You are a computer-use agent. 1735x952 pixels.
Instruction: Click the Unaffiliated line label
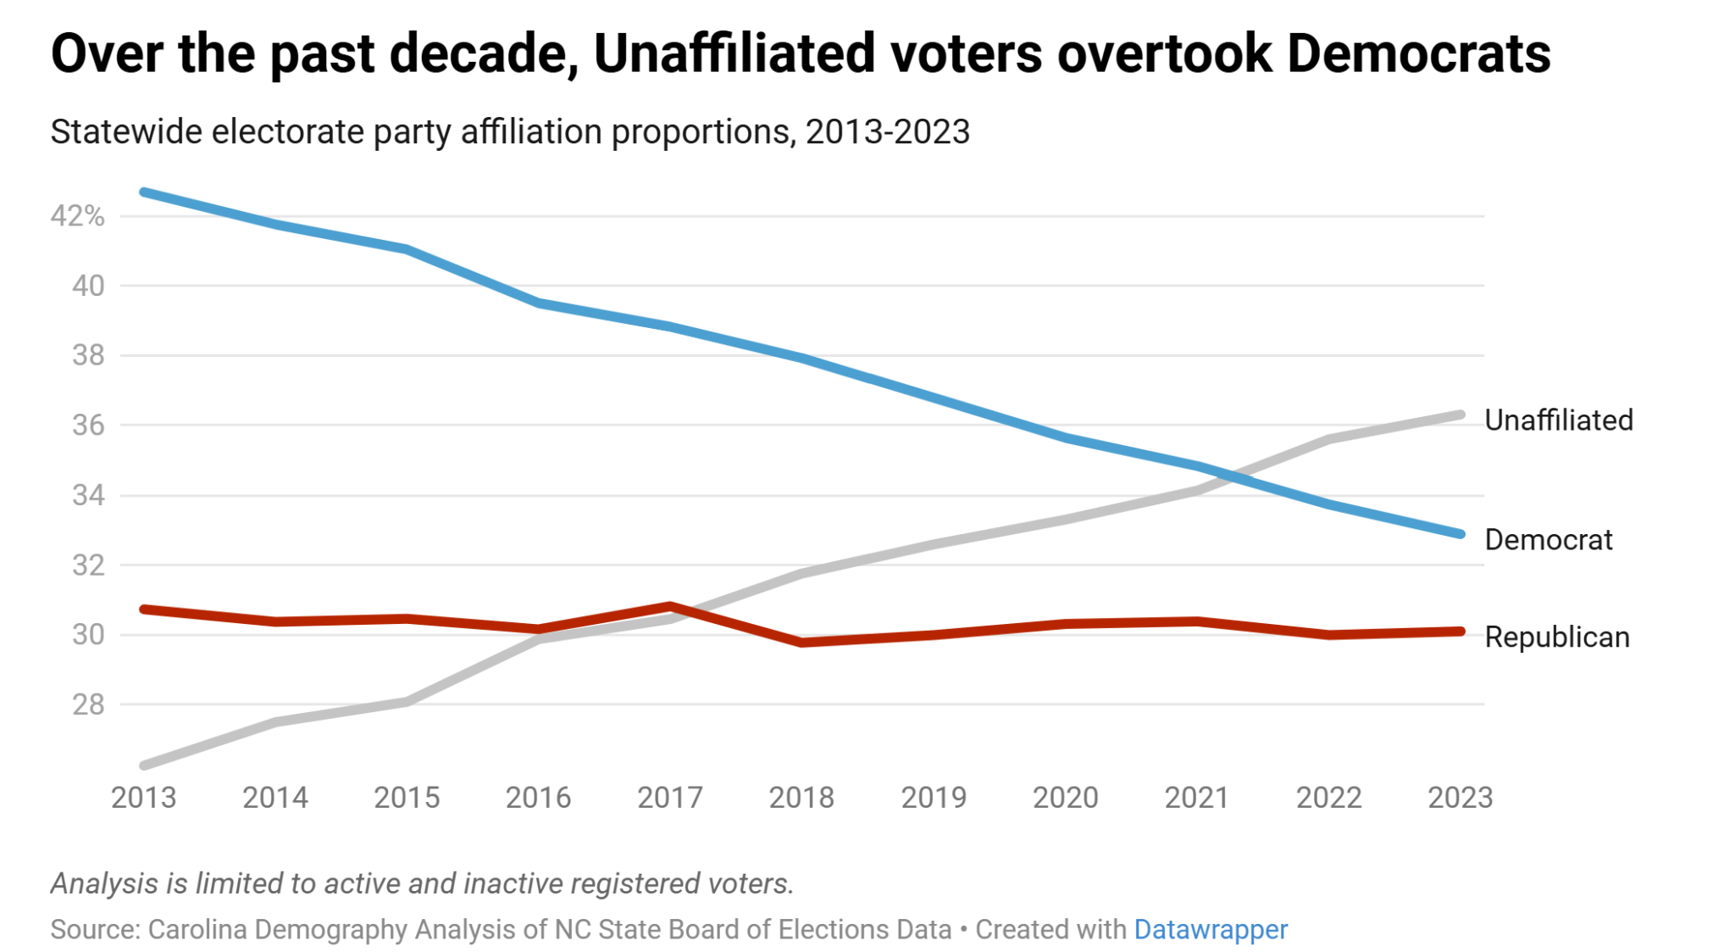point(1558,420)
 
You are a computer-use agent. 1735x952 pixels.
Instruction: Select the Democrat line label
point(1548,539)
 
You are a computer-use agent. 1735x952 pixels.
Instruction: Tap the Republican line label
point(1556,637)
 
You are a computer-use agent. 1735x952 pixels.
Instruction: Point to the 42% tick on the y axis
point(77,216)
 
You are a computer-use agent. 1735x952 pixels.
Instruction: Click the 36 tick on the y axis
point(88,425)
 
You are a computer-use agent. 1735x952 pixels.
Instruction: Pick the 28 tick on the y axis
point(88,704)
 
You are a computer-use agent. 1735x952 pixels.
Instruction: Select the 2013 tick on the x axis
point(143,797)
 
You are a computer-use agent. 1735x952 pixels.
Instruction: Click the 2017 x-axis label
point(669,797)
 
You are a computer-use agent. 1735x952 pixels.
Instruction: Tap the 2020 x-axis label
point(1065,797)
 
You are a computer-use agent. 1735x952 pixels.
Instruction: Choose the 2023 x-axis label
point(1460,797)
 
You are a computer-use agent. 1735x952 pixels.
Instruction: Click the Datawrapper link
point(1210,929)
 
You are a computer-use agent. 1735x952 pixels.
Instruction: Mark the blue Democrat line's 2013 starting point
point(144,192)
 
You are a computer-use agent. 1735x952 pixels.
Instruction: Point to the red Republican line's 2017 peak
point(670,606)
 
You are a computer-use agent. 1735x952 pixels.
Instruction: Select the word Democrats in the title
point(1418,53)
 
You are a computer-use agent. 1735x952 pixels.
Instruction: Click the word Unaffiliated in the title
point(734,53)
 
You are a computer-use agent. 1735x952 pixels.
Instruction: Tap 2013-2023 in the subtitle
point(887,132)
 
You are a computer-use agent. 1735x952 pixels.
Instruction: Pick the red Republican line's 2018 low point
point(801,643)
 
